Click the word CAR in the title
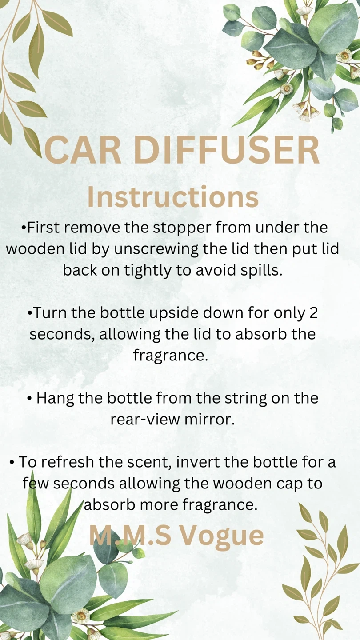83,150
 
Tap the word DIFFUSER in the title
226,150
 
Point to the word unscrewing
156,249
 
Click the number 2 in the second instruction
313,313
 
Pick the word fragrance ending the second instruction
170,355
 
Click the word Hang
55,398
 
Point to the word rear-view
145,420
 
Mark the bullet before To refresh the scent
12,463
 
